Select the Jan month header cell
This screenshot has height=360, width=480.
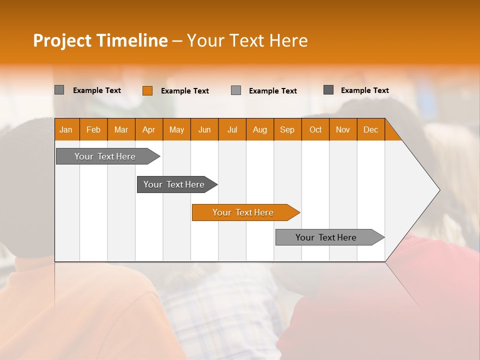66,129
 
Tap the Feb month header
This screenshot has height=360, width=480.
93,129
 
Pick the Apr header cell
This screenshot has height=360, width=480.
148,129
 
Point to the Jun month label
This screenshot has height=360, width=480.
204,129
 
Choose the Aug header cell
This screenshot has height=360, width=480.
260,129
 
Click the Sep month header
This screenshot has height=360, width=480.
287,129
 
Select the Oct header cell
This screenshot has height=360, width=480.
315,129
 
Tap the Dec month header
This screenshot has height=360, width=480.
371,129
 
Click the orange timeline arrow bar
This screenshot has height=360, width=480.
245,212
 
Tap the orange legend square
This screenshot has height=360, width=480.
147,90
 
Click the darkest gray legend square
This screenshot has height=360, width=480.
328,90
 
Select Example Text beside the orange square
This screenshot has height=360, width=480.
185,91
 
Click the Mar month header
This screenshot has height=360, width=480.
121,129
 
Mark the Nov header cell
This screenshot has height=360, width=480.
343,129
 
